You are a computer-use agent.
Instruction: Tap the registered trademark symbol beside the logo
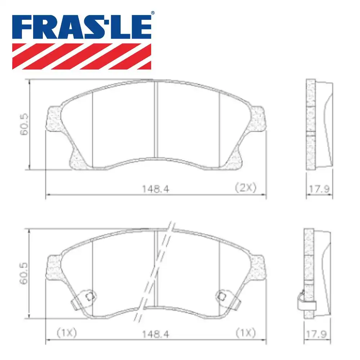pyautogui.click(x=153, y=13)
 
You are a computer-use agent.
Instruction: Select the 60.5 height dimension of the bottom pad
pyautogui.click(x=24, y=274)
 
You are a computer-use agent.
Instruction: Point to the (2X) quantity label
pyautogui.click(x=245, y=187)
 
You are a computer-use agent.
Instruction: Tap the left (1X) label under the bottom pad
pyautogui.click(x=67, y=333)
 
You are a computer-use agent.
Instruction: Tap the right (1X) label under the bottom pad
pyautogui.click(x=245, y=333)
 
